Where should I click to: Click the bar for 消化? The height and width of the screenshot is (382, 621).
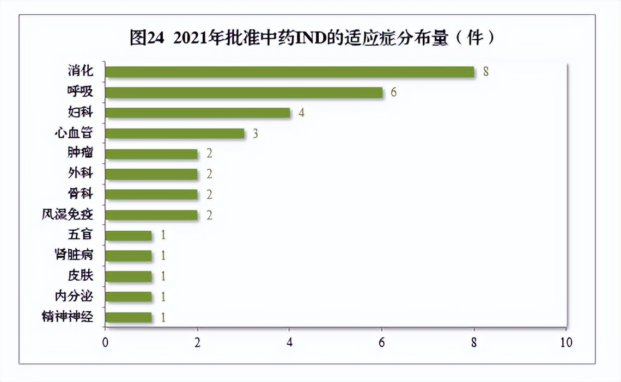(x=289, y=72)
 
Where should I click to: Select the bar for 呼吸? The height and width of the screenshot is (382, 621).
(x=243, y=93)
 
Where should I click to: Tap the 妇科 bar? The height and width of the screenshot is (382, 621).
(x=197, y=113)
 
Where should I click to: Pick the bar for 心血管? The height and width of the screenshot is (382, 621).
(x=174, y=133)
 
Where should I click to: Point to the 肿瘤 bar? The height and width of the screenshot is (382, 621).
(x=151, y=154)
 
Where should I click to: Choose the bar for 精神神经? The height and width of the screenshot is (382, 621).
(x=128, y=317)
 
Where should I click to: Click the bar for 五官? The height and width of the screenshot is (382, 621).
(x=128, y=236)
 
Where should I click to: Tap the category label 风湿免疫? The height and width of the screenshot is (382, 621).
(x=68, y=215)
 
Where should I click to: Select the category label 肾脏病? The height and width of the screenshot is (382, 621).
(x=74, y=256)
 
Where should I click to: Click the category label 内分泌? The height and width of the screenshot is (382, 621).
(x=74, y=297)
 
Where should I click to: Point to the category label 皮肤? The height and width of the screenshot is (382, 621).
(x=80, y=276)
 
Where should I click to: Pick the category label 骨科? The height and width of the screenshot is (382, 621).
(x=80, y=194)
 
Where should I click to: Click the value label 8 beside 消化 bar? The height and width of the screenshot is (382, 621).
(x=486, y=72)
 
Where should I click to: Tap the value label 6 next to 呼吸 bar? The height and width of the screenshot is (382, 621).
(x=393, y=93)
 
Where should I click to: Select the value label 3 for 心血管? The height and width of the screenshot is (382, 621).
(x=255, y=133)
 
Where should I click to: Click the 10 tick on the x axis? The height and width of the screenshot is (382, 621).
(x=566, y=343)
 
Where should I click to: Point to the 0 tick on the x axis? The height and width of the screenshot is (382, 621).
(x=105, y=343)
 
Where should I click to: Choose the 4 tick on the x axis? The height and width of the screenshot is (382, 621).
(x=289, y=343)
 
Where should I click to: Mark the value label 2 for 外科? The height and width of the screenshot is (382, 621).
(x=209, y=174)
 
